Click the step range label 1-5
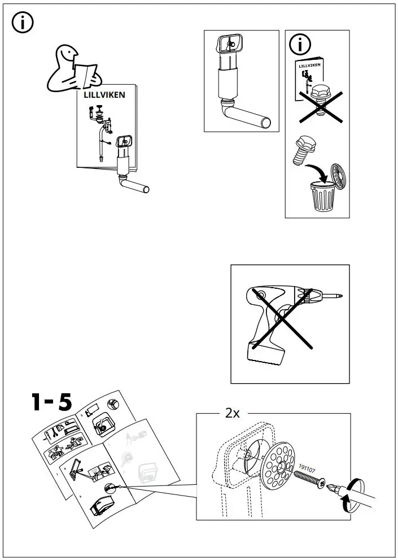click(51, 402)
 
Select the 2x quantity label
click(232, 414)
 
